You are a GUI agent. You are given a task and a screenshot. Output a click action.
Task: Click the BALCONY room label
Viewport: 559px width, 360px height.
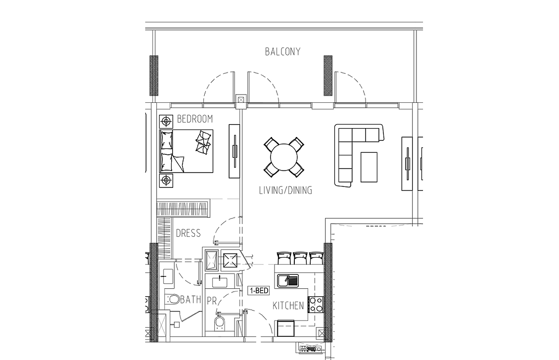coord(282,52)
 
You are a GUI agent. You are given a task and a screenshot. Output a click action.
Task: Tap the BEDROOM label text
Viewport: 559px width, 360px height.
coord(194,119)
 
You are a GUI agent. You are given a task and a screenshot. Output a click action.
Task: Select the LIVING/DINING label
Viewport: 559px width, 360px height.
coord(285,190)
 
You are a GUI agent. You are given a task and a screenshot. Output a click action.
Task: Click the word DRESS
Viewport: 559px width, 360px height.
coord(188,233)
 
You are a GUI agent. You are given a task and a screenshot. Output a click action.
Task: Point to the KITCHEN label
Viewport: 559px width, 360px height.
coord(288,306)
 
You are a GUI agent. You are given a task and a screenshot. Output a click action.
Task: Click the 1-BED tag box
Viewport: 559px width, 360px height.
coord(259,291)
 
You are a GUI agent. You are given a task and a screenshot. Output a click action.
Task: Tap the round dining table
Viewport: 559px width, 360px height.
coord(284,157)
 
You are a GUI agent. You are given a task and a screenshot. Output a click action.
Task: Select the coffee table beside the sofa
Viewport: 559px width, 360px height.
coord(369,167)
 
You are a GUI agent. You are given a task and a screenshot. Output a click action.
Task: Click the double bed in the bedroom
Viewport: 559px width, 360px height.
coord(186,151)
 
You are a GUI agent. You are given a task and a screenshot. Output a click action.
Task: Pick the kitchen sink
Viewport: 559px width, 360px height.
coord(288,280)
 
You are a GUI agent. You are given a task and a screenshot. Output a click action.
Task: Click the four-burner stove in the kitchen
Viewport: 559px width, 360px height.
coord(316,305)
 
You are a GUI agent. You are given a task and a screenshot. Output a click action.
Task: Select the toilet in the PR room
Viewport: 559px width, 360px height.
coord(219,322)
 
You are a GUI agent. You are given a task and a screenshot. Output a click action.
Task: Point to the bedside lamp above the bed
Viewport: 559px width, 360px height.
coord(166,122)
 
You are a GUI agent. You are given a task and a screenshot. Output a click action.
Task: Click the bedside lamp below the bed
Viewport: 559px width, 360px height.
coord(166,180)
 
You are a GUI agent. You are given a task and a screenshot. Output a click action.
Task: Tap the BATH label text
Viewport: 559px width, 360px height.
coord(191,299)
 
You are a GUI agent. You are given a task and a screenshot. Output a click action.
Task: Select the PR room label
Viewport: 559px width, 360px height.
coord(212,301)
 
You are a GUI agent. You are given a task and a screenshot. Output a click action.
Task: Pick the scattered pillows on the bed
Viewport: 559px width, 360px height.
coord(203,142)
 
